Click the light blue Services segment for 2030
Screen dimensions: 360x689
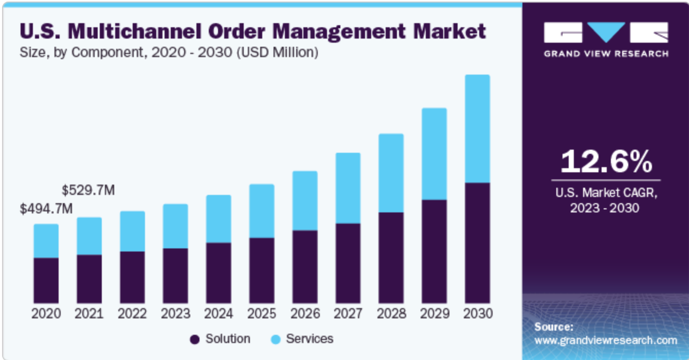pyautogui.click(x=477, y=129)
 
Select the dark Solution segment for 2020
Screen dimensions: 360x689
pyautogui.click(x=46, y=280)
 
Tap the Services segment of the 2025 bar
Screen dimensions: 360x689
pyautogui.click(x=262, y=211)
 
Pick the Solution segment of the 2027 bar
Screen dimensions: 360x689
pyautogui.click(x=348, y=263)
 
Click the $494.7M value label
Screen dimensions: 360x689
pyautogui.click(x=46, y=209)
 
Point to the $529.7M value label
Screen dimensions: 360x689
pyautogui.click(x=88, y=190)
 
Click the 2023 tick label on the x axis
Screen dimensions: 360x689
pyautogui.click(x=175, y=314)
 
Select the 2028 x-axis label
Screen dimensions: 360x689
pyautogui.click(x=391, y=314)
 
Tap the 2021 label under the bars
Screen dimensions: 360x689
pyautogui.click(x=89, y=314)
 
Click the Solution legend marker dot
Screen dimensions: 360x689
pyautogui.click(x=194, y=339)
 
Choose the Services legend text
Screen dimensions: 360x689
pyautogui.click(x=310, y=339)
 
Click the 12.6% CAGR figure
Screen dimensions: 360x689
pyautogui.click(x=606, y=161)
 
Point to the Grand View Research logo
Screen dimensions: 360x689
pyautogui.click(x=606, y=39)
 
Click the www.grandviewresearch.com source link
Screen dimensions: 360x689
pyautogui.click(x=606, y=340)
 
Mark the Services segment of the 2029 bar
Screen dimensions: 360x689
pyautogui.click(x=434, y=154)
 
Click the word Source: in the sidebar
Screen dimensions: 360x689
pyautogui.click(x=553, y=327)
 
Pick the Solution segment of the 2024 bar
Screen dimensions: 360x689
pyautogui.click(x=219, y=273)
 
